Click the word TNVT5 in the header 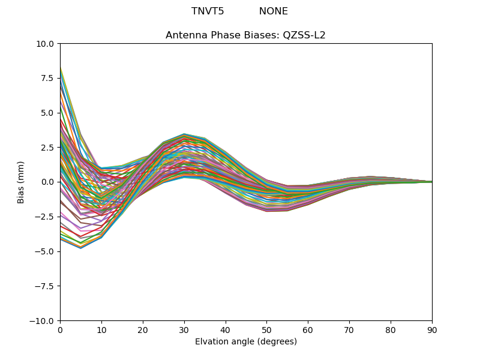coord(208,11)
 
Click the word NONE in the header coord(274,11)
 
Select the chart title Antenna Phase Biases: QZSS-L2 coord(245,35)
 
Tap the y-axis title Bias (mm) coord(21,182)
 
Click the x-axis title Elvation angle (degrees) coord(245,342)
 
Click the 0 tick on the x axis coord(60,330)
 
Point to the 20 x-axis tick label coord(143,330)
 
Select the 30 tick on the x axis coord(184,330)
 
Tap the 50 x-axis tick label coord(266,330)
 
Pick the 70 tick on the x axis coord(349,330)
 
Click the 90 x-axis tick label coord(432,330)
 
